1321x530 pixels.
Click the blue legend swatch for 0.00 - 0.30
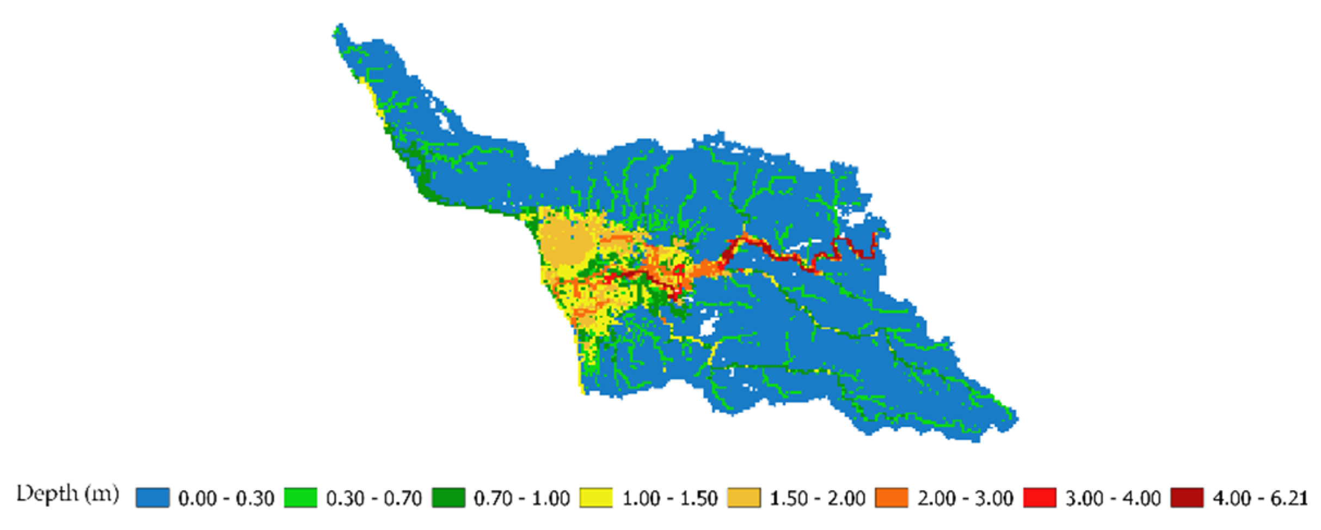152,498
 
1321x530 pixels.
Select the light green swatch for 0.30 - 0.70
300,498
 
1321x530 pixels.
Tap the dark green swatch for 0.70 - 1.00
448,498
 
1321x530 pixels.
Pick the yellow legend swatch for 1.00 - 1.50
597,498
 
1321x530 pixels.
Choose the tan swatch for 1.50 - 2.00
745,498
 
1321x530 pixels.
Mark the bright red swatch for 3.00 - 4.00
1040,498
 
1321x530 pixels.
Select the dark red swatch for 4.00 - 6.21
1188,498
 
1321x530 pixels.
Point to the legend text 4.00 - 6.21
1260,498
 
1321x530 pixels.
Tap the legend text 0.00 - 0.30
226,498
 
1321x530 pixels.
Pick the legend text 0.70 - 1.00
522,498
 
